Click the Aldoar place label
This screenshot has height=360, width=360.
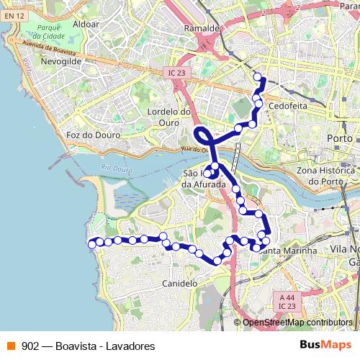click(x=86, y=24)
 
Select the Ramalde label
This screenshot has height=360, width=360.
click(x=202, y=28)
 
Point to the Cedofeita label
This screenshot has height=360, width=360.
click(x=287, y=105)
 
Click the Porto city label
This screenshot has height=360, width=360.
click(x=339, y=137)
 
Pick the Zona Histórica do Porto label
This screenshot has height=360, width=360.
click(x=327, y=176)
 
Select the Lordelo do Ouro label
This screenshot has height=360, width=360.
click(x=168, y=117)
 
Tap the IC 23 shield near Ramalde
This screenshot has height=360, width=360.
click(x=176, y=73)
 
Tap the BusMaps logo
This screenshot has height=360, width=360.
click(x=326, y=345)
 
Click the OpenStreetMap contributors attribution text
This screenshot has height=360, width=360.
click(x=297, y=323)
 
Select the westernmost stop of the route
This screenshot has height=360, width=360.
click(x=91, y=244)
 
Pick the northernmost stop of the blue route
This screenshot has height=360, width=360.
click(x=258, y=76)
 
